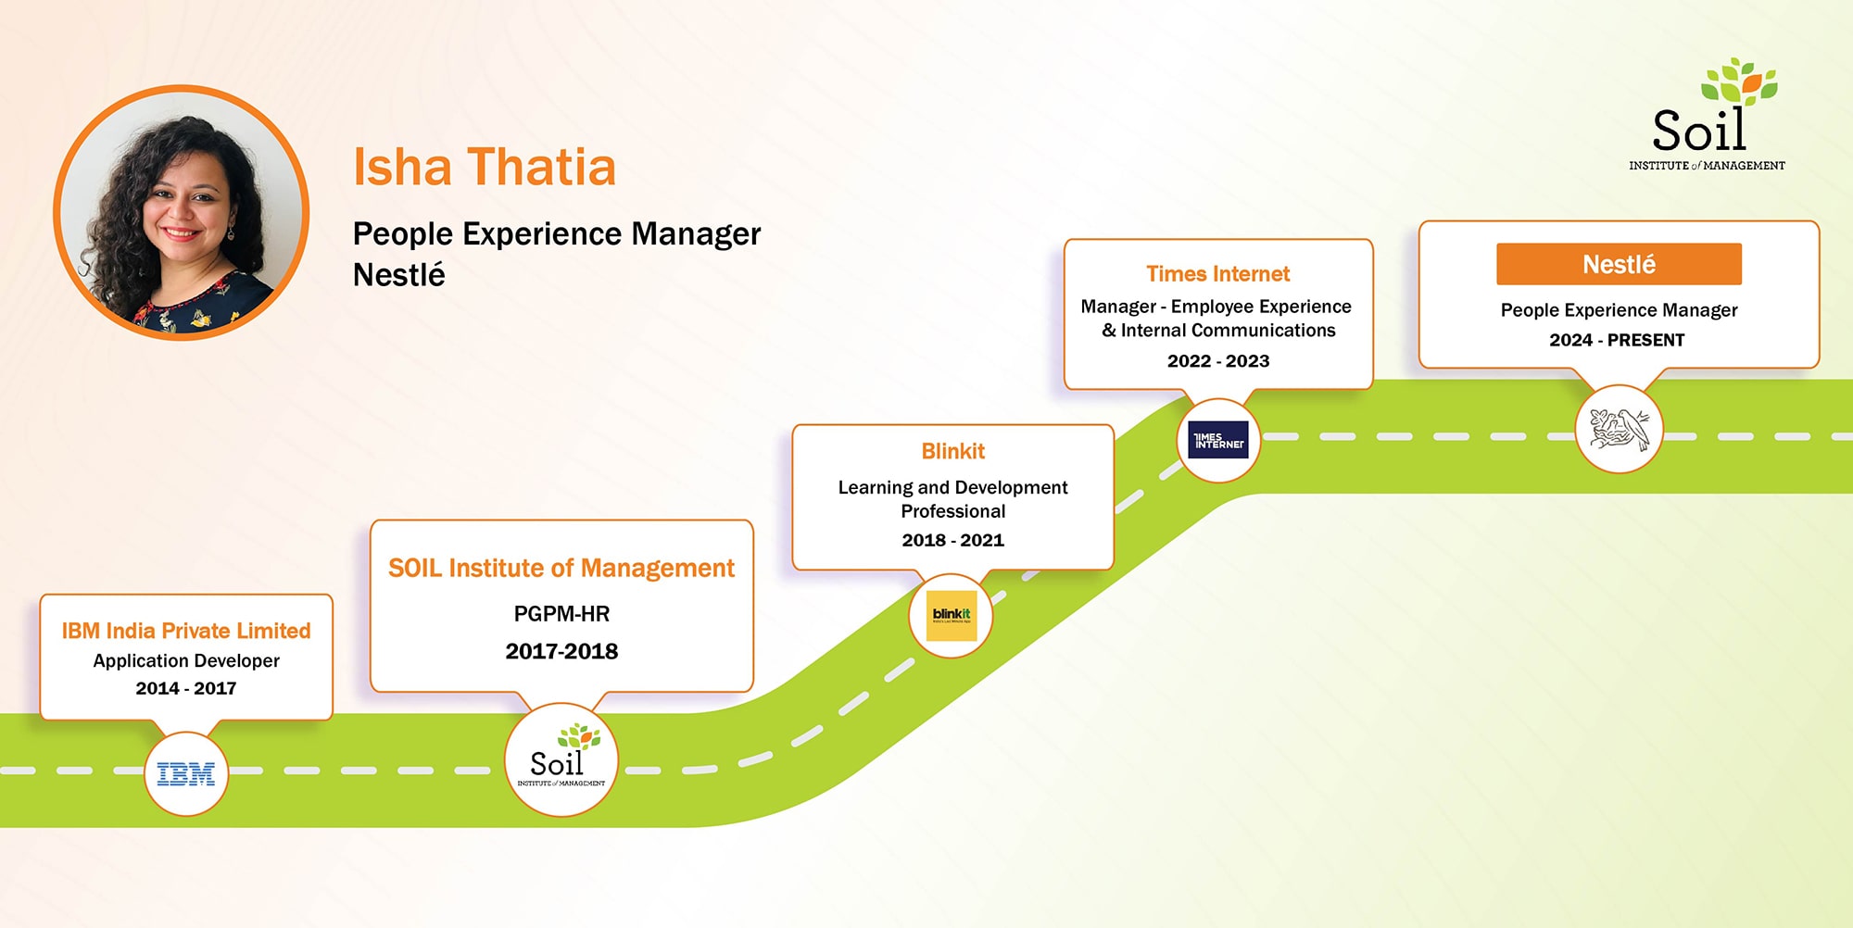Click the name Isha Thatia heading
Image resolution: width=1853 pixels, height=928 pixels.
[x=484, y=168]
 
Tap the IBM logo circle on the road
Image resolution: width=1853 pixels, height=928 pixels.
[x=186, y=774]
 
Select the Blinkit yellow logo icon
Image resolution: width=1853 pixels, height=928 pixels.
[x=952, y=616]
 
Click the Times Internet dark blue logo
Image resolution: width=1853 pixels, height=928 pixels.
[x=1218, y=440]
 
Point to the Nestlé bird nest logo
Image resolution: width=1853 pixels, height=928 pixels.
[x=1619, y=430]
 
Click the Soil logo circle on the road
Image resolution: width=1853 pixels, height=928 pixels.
[x=561, y=760]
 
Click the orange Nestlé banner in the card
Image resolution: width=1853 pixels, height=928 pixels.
[x=1619, y=265]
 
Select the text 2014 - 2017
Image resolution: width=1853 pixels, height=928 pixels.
[x=186, y=688]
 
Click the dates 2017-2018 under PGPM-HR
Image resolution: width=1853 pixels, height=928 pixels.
[x=561, y=651]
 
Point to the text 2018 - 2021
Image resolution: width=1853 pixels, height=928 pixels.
[x=952, y=540]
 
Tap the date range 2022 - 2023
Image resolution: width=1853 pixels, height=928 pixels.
[x=1217, y=361]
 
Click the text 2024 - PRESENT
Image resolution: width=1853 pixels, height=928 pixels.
[x=1617, y=340]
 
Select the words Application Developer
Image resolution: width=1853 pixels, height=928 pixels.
[x=186, y=660]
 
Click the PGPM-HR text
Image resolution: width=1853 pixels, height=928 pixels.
[x=561, y=613]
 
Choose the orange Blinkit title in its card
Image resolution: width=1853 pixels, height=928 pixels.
[x=952, y=451]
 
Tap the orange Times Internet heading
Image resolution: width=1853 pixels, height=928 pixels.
[x=1217, y=274]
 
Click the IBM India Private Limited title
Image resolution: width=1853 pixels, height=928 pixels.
[x=186, y=631]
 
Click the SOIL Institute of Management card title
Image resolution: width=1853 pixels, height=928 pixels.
[x=561, y=568]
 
